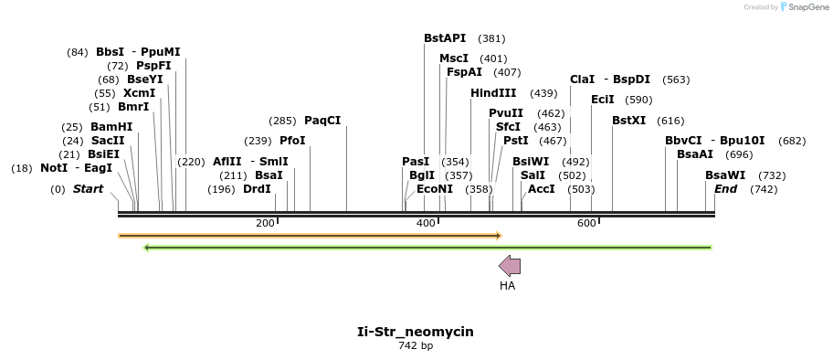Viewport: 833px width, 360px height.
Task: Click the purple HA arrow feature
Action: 510,266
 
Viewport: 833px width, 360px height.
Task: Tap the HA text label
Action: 508,286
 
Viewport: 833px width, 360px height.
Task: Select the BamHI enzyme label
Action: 111,126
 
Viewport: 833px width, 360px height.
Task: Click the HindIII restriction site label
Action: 493,93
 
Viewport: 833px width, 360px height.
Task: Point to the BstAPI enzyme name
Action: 445,38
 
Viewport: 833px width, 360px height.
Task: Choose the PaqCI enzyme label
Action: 322,121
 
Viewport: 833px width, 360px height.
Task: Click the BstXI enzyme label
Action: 628,121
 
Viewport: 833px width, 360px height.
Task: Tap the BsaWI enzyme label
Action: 725,175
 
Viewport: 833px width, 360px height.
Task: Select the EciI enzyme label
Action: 603,100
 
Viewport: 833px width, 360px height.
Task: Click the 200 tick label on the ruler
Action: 265,223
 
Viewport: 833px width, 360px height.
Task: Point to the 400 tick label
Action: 426,223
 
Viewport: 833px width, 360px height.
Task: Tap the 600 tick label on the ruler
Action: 586,223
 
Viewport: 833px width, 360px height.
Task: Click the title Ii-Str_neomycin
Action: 416,332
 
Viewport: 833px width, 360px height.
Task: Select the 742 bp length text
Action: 416,345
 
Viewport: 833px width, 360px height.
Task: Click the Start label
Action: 89,189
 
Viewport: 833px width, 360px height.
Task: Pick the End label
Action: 725,189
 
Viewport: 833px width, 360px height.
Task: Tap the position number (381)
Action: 491,38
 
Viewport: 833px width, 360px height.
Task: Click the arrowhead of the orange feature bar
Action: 498,236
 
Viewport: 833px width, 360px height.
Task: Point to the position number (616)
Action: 670,121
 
